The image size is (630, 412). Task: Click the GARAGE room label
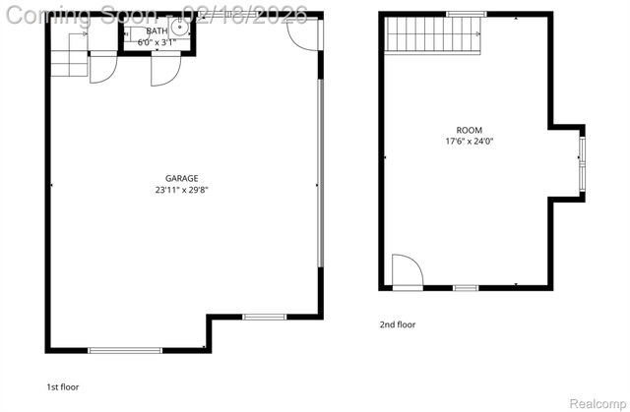(182, 178)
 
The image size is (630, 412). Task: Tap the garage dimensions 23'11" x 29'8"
(182, 190)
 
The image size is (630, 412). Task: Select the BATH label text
(157, 30)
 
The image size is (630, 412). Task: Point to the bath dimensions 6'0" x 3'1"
(157, 41)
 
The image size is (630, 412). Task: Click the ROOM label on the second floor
(470, 131)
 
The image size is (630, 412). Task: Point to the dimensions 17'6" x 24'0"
(470, 142)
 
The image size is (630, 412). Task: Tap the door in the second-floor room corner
(406, 270)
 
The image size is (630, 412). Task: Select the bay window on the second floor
(582, 163)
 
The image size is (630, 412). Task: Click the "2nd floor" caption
(398, 324)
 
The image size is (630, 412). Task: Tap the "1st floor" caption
(63, 387)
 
